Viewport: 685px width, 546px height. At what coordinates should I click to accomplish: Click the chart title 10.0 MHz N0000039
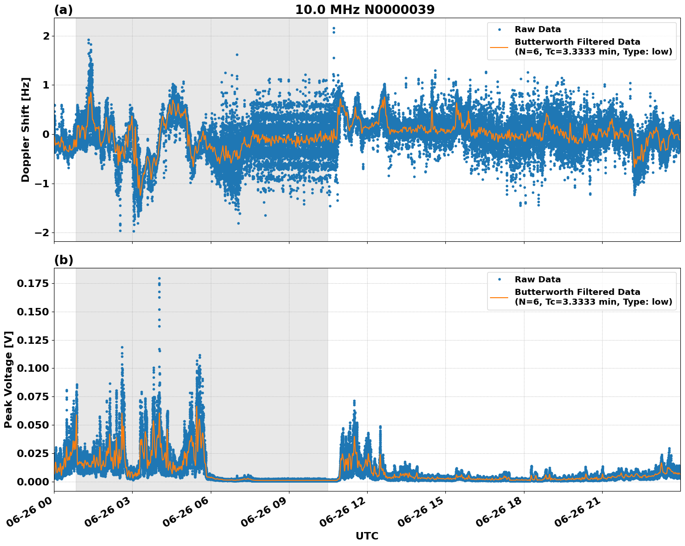point(365,10)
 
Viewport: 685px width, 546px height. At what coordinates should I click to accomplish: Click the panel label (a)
point(63,10)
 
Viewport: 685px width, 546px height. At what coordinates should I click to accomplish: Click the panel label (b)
point(63,260)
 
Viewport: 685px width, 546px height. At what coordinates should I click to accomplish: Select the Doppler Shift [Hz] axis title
point(26,130)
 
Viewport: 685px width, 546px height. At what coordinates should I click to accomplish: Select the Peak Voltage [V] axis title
point(8,380)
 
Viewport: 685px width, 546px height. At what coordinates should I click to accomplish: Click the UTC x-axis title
point(367,536)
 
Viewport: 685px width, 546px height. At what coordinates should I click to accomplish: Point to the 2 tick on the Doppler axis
point(46,36)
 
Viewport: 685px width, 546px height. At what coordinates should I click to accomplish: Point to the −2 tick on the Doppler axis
point(42,232)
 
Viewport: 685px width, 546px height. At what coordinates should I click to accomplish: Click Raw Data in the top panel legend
point(537,29)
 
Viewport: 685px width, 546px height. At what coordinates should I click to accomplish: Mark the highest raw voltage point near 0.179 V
point(159,279)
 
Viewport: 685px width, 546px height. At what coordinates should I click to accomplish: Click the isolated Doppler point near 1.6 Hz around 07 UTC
point(237,55)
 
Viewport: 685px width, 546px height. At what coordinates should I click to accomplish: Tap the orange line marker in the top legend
point(499,47)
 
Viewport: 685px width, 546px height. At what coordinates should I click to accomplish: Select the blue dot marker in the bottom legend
point(499,280)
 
